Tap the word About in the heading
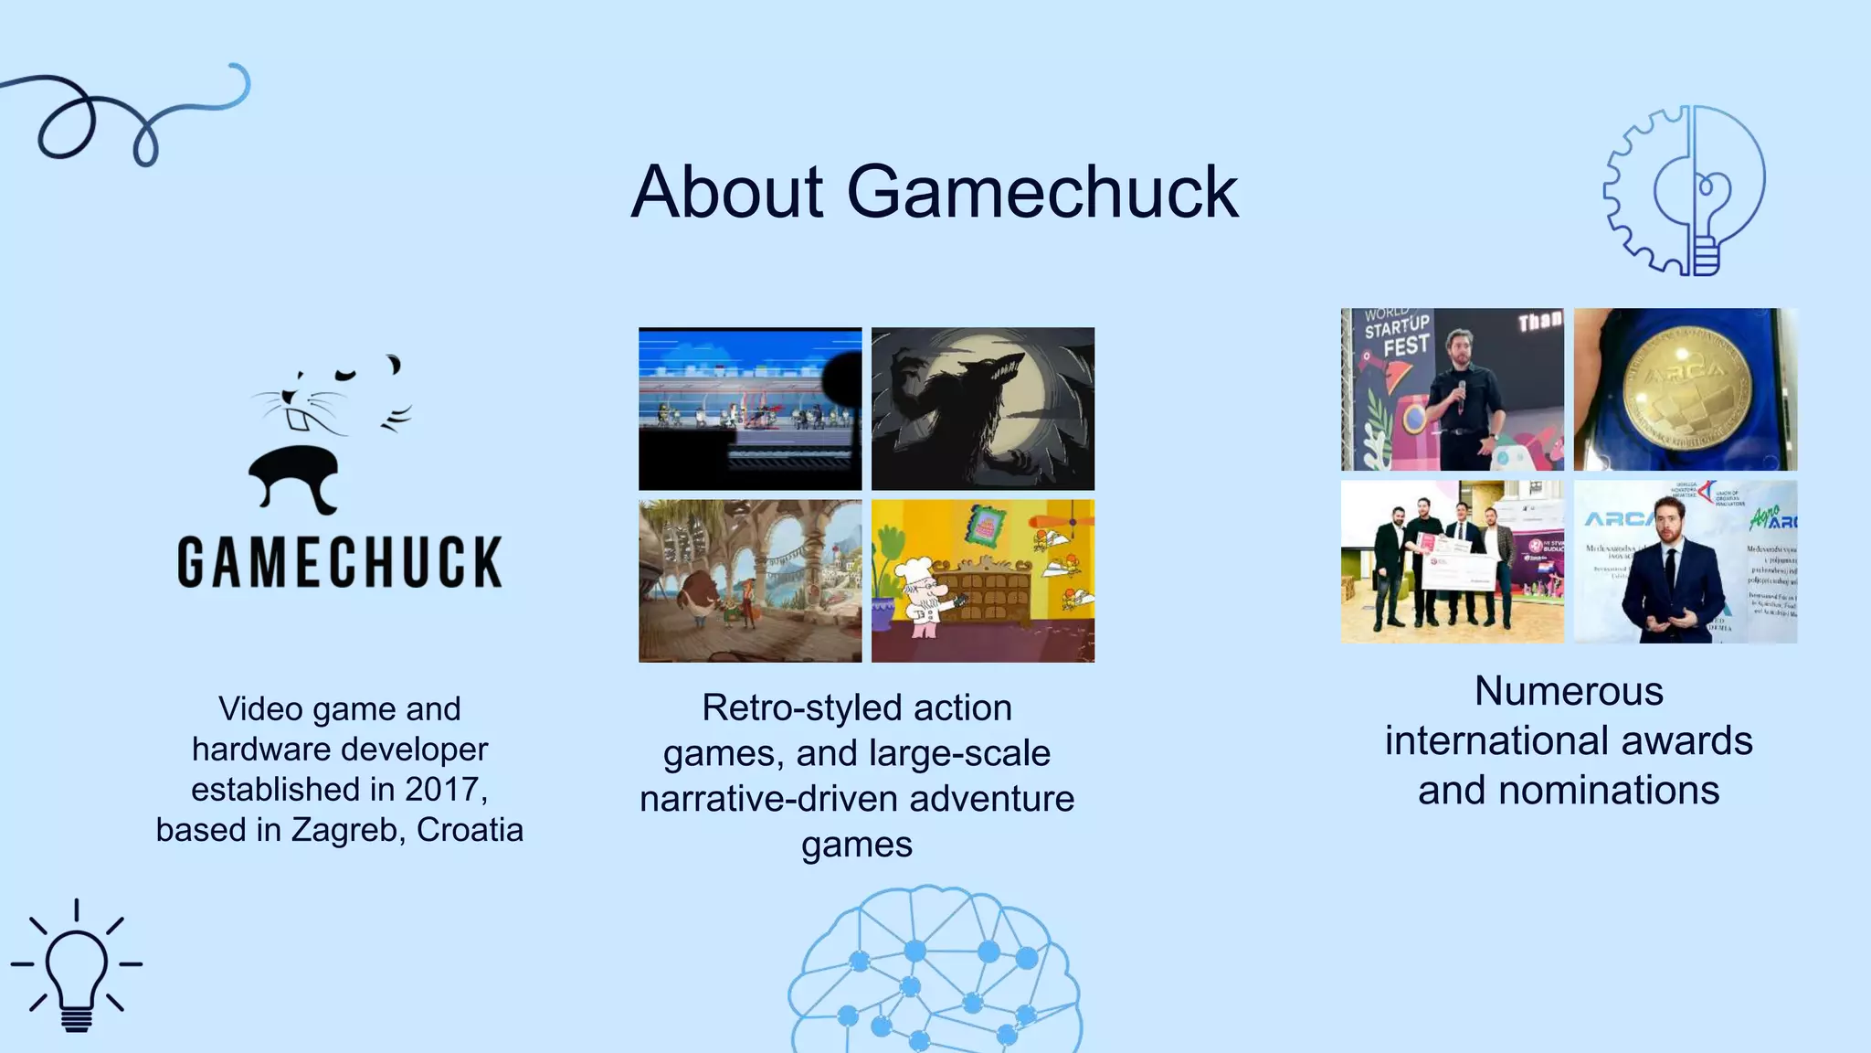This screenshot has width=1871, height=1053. point(727,192)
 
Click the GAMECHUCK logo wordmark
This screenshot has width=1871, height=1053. point(340,561)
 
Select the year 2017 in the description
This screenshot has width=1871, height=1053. point(441,789)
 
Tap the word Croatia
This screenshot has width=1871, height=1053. point(470,830)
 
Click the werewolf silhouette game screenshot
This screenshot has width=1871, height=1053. point(983,409)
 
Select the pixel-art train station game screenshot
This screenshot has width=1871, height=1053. point(749,409)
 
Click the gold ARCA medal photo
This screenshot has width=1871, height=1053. point(1686,388)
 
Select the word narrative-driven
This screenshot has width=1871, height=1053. point(769,799)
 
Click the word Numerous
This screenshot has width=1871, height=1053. point(1569,691)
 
